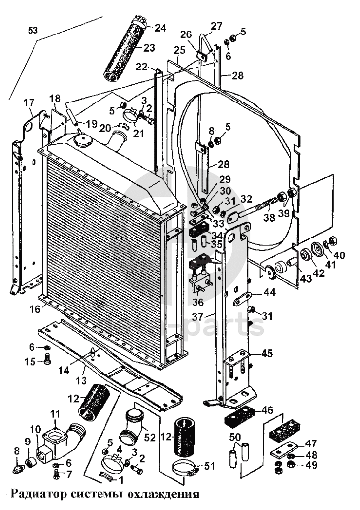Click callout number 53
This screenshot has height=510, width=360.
point(33,31)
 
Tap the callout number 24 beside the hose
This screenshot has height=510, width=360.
point(160,28)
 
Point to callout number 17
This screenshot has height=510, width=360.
point(29,103)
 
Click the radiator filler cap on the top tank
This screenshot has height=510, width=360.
point(82,139)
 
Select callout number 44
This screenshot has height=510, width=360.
point(269,293)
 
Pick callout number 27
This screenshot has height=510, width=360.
point(216,26)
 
